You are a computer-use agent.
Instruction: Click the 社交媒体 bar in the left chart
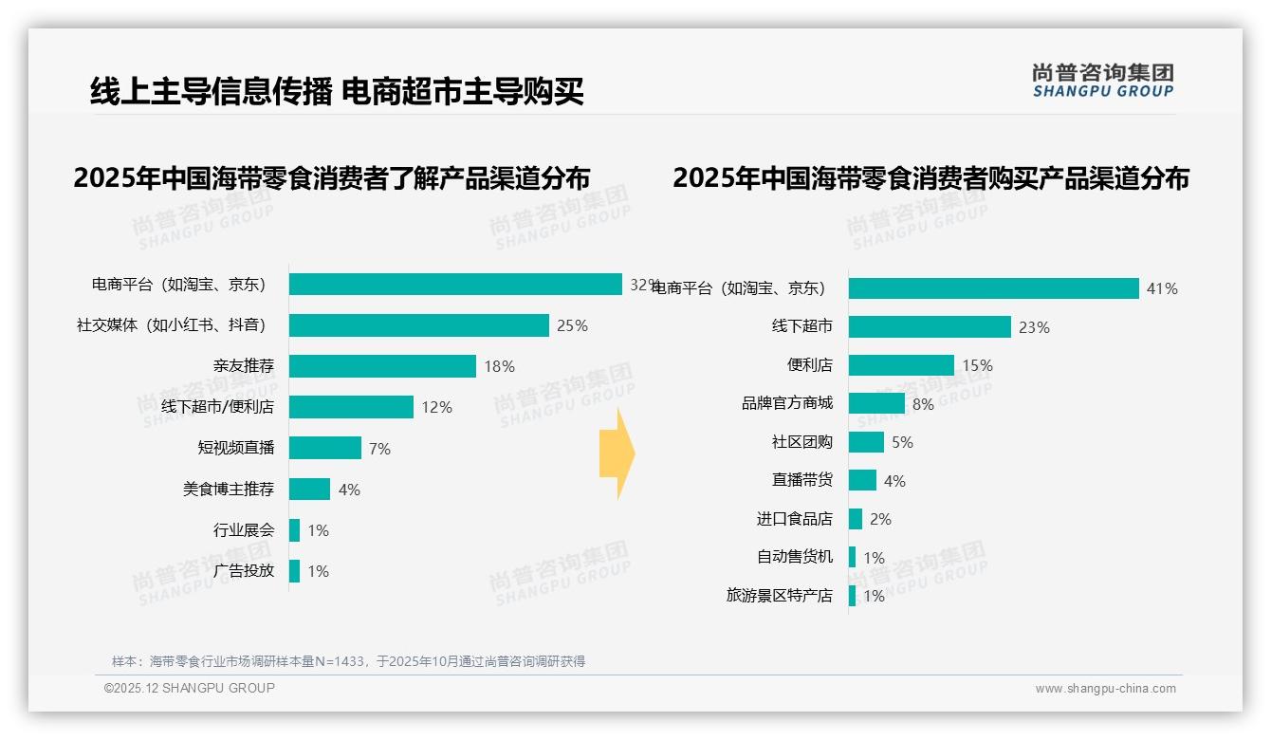click(x=418, y=325)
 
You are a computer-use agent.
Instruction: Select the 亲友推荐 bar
click(x=382, y=366)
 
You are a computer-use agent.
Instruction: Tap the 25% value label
click(x=572, y=325)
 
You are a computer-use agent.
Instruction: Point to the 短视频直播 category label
click(x=235, y=448)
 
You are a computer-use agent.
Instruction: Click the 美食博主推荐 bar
click(x=309, y=489)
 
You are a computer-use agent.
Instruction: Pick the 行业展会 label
click(x=243, y=529)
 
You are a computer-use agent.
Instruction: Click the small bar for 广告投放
click(x=294, y=570)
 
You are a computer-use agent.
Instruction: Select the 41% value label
click(x=1162, y=288)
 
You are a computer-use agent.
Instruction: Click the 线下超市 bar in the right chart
click(x=930, y=326)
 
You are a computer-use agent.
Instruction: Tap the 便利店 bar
click(x=901, y=365)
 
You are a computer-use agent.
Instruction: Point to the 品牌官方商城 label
click(x=786, y=403)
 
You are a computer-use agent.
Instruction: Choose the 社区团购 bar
click(x=866, y=442)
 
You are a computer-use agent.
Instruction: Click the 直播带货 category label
click(x=801, y=480)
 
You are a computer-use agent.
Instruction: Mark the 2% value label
click(x=880, y=519)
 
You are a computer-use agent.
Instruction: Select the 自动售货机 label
click(x=794, y=557)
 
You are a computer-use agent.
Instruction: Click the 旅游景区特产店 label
click(x=779, y=596)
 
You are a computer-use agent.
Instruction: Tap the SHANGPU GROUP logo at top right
click(x=1102, y=81)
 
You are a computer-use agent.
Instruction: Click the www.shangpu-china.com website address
click(x=1105, y=689)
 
